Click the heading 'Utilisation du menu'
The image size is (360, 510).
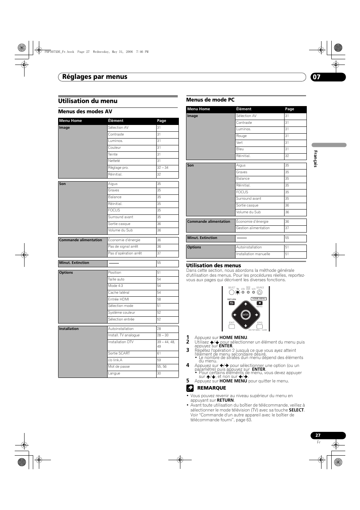pos(88,101)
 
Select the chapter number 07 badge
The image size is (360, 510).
pos(317,77)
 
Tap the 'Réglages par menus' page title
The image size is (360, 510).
pos(95,77)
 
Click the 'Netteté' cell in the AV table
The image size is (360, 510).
pos(114,161)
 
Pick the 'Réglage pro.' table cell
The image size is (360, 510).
pos(118,168)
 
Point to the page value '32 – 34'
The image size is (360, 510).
pos(163,168)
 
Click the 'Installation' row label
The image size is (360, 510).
pos(69,329)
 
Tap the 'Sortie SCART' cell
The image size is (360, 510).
pos(119,353)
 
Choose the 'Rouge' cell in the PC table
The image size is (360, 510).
pos(242,136)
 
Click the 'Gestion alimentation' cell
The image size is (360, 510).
pos(253,228)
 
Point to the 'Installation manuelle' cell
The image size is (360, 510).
pos(253,254)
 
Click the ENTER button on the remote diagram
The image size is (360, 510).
pos(246,315)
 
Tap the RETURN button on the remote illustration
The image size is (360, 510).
pos(232,303)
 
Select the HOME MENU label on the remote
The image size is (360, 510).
pos(259,299)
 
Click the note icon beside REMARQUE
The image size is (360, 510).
pos(190,388)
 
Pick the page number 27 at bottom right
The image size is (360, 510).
pos(318,435)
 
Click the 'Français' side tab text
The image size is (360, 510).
pos(316,159)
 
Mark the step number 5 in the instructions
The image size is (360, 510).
pos(188,381)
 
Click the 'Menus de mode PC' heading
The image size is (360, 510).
pos(210,100)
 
